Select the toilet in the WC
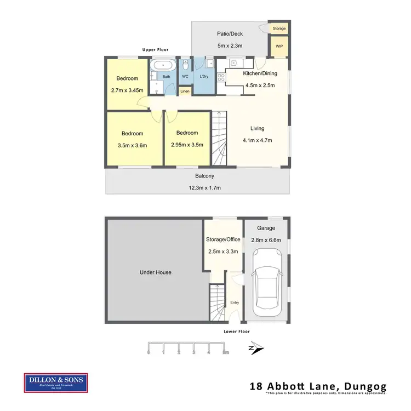[186, 65]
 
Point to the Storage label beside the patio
[279, 28]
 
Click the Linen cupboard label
[185, 91]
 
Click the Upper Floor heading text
[155, 50]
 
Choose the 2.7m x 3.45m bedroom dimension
[127, 90]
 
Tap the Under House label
[156, 272]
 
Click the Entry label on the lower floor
[235, 302]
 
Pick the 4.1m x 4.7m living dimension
[257, 140]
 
